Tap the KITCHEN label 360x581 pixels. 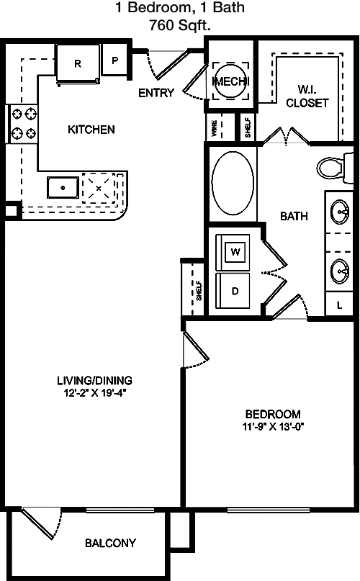[x=91, y=130]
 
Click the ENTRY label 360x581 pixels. [x=156, y=93]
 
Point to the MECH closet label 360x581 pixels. [x=230, y=81]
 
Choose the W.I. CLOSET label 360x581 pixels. [x=307, y=96]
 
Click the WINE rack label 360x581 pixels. [x=214, y=128]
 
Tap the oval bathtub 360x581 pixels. [x=233, y=183]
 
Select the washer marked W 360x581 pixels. [x=235, y=252]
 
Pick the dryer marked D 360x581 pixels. [x=233, y=291]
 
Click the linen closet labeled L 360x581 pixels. [x=339, y=305]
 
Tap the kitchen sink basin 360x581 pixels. [x=63, y=187]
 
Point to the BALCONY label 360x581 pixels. [x=110, y=544]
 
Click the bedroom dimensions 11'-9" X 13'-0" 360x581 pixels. [x=274, y=426]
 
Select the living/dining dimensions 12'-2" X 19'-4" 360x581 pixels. [x=95, y=393]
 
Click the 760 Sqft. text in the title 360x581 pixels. [x=180, y=25]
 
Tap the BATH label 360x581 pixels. [x=294, y=216]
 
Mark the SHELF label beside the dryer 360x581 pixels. [x=199, y=291]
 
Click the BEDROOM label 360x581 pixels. [x=273, y=414]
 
